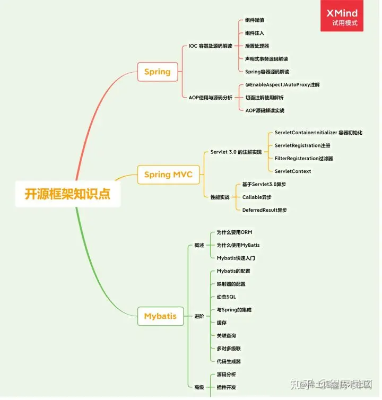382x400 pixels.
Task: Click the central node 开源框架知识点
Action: pyautogui.click(x=67, y=194)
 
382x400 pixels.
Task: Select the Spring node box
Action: pyautogui.click(x=157, y=72)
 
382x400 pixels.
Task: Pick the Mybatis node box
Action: pyautogui.click(x=160, y=316)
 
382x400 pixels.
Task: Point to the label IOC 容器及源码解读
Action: pyautogui.click(x=210, y=46)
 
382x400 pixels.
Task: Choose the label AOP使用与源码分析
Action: pyautogui.click(x=210, y=98)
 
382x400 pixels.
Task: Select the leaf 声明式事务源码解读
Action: pyautogui.click(x=266, y=59)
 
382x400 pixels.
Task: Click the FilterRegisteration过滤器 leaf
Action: pyautogui.click(x=303, y=158)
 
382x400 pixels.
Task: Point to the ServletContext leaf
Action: pyautogui.click(x=293, y=171)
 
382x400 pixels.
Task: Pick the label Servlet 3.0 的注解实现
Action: pyautogui.click(x=236, y=152)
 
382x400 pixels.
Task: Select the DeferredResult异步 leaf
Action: pyautogui.click(x=264, y=210)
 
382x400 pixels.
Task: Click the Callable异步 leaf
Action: pyautogui.click(x=256, y=197)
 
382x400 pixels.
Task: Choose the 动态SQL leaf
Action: pyautogui.click(x=227, y=297)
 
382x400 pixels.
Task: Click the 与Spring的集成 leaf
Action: pyautogui.click(x=234, y=310)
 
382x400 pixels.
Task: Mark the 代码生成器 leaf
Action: pyautogui.click(x=229, y=361)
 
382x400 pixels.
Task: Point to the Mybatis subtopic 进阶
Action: pyautogui.click(x=199, y=316)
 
